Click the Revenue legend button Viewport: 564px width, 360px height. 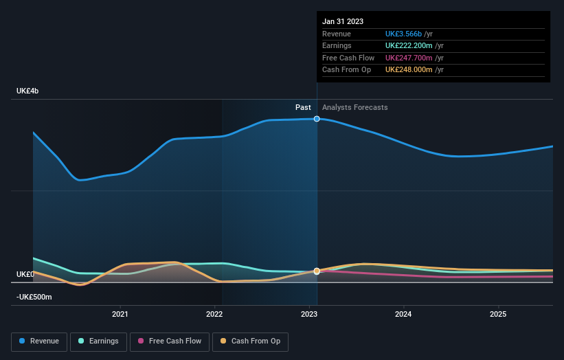[40, 341]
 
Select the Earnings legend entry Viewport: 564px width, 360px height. [98, 341]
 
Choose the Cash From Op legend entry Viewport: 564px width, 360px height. [251, 341]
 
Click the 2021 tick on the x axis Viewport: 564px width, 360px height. [120, 314]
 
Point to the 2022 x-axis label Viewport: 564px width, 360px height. [214, 314]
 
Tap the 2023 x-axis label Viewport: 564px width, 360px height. [309, 314]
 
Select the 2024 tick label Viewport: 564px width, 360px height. [403, 314]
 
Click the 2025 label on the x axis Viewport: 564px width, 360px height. [498, 314]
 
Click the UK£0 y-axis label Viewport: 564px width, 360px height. [25, 274]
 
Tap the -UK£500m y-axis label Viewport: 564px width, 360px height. [35, 297]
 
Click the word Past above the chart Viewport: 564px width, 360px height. [303, 108]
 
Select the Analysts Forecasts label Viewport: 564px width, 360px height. [354, 108]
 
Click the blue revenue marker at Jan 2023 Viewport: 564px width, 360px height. [317, 119]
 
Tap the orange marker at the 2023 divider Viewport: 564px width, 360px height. [317, 271]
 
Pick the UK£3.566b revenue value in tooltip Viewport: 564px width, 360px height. [404, 34]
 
